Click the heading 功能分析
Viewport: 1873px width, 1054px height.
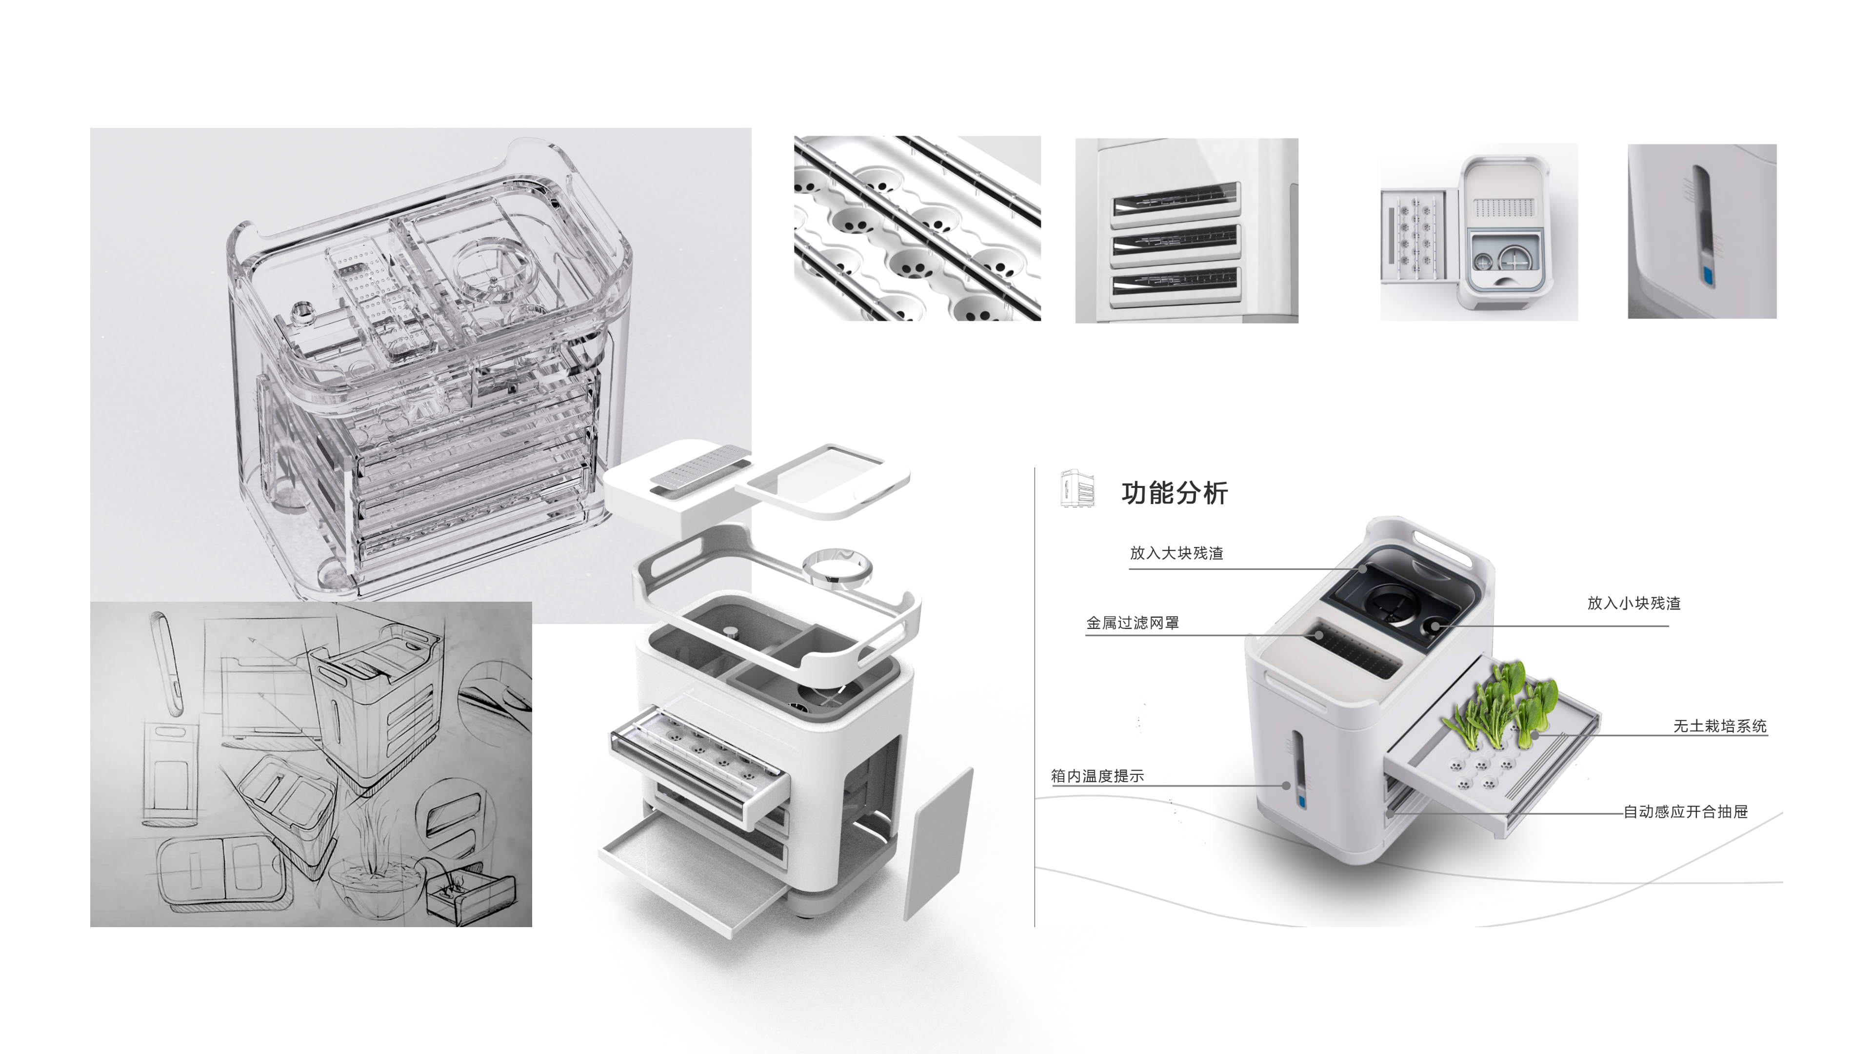(1174, 493)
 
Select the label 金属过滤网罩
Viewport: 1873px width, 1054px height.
(1132, 623)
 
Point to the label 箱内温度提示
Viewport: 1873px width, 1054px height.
(1097, 776)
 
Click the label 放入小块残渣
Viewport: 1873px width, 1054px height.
(1633, 603)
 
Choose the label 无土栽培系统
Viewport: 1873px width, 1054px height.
(1719, 726)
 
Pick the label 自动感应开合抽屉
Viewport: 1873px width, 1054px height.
(1685, 812)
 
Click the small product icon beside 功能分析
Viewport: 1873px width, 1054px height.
(1077, 488)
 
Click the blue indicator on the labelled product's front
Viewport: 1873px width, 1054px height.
(1301, 802)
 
